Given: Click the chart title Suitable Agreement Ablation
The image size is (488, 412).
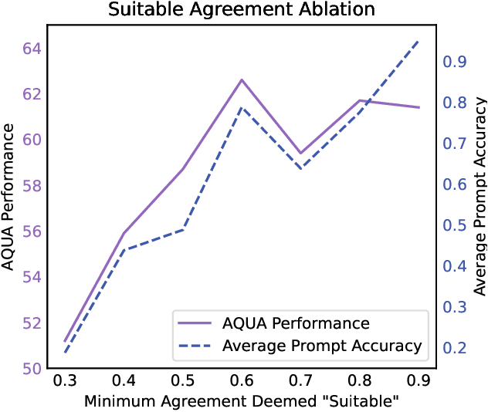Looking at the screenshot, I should (242, 10).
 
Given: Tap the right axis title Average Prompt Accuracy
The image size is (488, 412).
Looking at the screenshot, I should (480, 196).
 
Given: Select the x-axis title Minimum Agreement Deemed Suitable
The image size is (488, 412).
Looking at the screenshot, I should (242, 401).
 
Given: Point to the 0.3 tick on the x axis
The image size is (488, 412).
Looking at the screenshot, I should (65, 382).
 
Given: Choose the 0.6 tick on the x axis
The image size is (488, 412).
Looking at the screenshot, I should (242, 382).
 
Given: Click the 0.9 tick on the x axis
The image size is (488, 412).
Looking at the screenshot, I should (419, 382).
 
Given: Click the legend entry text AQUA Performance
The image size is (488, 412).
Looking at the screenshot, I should (296, 323).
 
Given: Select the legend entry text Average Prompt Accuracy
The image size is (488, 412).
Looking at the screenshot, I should (322, 346).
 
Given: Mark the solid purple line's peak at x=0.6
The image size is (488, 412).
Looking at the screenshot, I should (242, 79).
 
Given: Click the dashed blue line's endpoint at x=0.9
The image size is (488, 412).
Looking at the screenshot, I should (419, 41).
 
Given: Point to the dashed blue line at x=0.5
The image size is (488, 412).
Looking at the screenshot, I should (183, 229).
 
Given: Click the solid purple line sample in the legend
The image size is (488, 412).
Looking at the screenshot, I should (194, 323).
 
